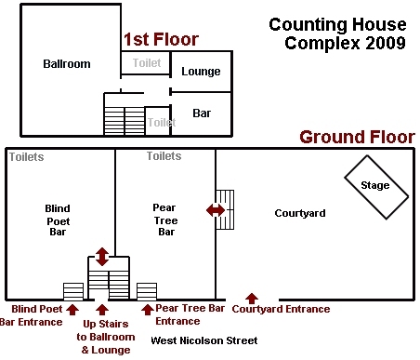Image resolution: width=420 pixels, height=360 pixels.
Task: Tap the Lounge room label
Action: point(200,72)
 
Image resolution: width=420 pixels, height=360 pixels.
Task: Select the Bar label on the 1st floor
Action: point(202,113)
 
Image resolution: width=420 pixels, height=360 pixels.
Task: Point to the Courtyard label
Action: point(299,213)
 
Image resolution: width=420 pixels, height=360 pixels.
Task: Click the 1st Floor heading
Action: point(160,40)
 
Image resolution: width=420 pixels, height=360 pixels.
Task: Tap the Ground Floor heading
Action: point(356,138)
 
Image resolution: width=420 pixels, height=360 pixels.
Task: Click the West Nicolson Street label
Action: point(203,340)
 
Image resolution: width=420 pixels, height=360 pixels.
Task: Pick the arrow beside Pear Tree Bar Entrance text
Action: point(146,307)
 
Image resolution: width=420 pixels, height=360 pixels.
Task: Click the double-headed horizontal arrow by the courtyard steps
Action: point(216,212)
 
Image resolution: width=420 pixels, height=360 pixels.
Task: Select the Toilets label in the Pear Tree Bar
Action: point(164,156)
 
